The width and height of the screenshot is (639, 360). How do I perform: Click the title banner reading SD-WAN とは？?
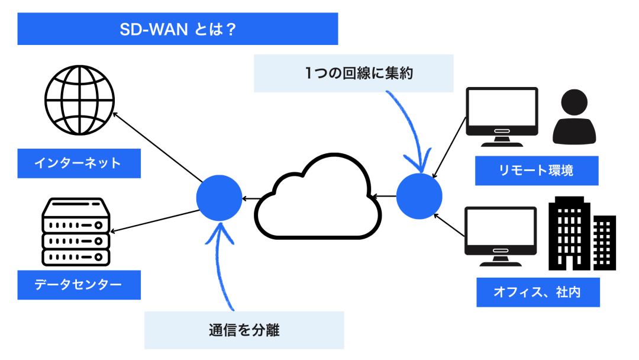point(177,29)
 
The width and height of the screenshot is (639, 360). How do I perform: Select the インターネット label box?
point(79,163)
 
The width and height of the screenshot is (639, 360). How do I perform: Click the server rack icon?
point(76,231)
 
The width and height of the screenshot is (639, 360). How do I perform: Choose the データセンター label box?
point(79,285)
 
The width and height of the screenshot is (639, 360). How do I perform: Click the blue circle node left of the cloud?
point(219,198)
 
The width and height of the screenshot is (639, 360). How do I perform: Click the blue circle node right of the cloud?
point(419,195)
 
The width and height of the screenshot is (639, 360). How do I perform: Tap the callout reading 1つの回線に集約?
point(353,73)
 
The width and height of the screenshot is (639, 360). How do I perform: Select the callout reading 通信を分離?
point(244,330)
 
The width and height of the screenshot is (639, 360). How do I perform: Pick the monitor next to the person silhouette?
point(502,116)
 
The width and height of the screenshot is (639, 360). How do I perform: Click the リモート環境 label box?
point(537,171)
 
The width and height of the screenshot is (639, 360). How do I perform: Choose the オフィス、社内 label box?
point(538,292)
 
